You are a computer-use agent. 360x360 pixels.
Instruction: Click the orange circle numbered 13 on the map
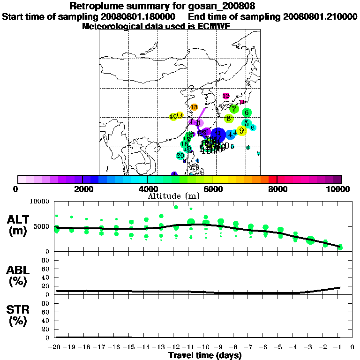tap(194, 107)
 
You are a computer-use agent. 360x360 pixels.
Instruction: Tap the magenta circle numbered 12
tap(226, 96)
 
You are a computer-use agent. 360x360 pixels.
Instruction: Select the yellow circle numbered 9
tap(241, 131)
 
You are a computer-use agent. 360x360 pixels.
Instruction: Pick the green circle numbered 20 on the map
tap(180, 155)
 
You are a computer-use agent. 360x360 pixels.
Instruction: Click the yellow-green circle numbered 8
tap(229, 119)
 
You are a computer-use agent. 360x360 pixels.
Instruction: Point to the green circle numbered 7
tap(233, 109)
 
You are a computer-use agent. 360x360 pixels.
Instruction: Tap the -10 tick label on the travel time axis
tap(205, 347)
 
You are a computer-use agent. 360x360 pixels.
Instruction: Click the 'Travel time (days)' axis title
tap(205, 355)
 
